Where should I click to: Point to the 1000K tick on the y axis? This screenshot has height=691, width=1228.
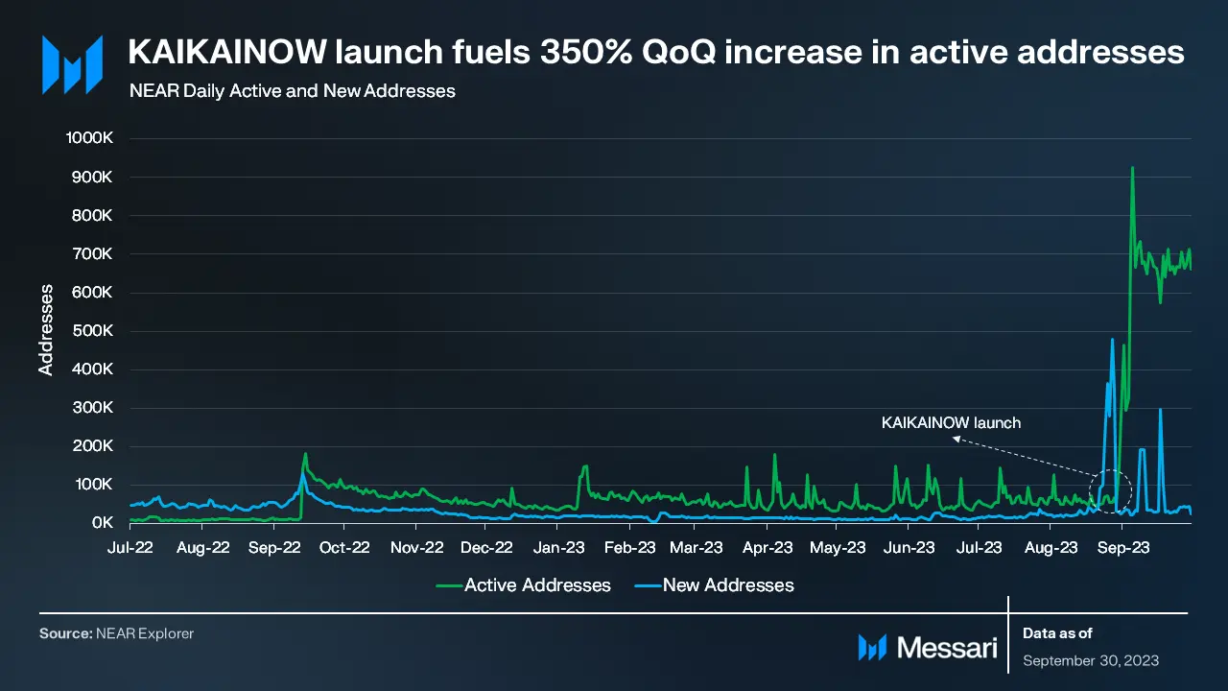(90, 138)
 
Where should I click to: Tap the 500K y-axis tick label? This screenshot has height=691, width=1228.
(94, 331)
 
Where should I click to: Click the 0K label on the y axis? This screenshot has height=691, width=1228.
(103, 523)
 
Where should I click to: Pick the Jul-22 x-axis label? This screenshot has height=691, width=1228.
(130, 549)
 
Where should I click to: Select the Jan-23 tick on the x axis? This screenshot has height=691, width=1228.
(558, 549)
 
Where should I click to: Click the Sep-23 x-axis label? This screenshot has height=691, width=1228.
(1123, 549)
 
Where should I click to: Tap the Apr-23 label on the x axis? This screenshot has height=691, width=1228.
(768, 549)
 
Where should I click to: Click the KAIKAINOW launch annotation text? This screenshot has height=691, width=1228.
(951, 422)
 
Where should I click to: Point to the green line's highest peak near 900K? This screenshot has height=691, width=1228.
(1133, 168)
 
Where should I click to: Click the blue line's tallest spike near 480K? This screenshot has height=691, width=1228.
(1112, 340)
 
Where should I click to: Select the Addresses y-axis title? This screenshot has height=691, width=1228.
(45, 329)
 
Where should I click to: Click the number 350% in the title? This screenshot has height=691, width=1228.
(584, 53)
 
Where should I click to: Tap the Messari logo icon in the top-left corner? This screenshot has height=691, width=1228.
(72, 64)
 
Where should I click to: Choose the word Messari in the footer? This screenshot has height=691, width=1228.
(947, 648)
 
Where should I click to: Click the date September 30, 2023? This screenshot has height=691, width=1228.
(1091, 660)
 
